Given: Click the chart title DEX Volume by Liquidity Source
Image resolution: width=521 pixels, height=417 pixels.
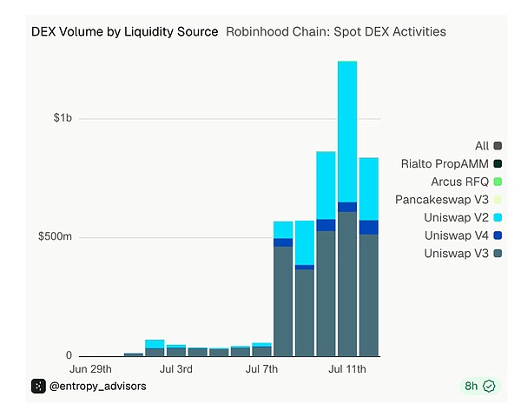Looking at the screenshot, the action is [x=124, y=32].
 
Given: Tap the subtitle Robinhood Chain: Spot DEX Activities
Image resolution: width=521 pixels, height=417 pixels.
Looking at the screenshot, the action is [x=336, y=32].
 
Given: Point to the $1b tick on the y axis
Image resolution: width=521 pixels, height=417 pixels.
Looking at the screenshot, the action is [x=63, y=118].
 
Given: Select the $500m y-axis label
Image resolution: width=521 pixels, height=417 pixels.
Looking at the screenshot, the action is [x=55, y=236].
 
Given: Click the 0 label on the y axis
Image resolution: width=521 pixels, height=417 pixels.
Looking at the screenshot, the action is [x=69, y=355].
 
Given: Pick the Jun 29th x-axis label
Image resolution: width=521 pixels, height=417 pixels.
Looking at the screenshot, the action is [x=90, y=369].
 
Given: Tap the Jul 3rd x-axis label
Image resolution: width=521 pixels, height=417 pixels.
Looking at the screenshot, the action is [x=176, y=369].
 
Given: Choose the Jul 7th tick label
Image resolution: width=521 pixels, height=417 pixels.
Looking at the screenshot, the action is [x=261, y=369].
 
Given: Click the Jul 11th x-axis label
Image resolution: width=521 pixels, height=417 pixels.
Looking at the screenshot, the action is [x=347, y=369].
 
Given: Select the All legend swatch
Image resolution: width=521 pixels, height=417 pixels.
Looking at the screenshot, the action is [x=498, y=146].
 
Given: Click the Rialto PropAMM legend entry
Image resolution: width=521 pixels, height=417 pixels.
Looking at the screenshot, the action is [x=452, y=163].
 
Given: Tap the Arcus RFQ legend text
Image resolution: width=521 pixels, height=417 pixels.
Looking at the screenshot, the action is [x=460, y=182].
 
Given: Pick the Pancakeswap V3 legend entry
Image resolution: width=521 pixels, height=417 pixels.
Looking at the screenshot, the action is [x=448, y=200].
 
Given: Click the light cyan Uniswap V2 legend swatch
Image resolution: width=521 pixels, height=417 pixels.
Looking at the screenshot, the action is [x=498, y=217].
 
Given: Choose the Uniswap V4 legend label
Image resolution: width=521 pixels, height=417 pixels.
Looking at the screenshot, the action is [x=456, y=235].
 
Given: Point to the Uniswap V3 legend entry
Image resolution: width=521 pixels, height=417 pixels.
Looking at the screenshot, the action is [x=463, y=254].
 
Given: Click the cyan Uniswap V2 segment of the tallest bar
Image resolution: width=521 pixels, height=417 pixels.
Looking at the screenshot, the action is [x=347, y=132].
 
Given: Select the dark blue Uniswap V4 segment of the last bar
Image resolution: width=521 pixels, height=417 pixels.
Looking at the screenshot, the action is [x=369, y=228].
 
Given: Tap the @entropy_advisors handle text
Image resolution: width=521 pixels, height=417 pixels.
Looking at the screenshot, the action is [x=97, y=386].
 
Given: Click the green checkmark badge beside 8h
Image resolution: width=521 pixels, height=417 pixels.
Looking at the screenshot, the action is [x=489, y=386].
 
